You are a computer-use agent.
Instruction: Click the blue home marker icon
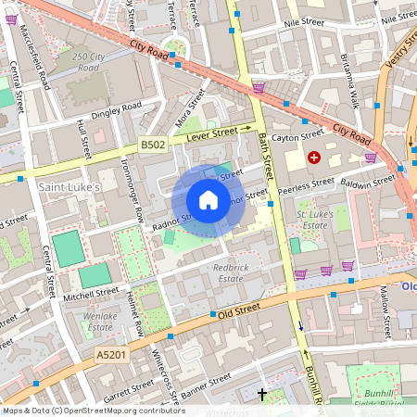208,199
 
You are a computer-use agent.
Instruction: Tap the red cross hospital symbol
313,158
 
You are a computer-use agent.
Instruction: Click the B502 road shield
154,145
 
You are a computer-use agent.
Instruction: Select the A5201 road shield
112,354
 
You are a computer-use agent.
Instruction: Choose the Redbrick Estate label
229,272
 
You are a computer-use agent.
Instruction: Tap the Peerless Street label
308,184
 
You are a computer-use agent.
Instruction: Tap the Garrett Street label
127,395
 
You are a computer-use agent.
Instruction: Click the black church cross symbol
261,394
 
